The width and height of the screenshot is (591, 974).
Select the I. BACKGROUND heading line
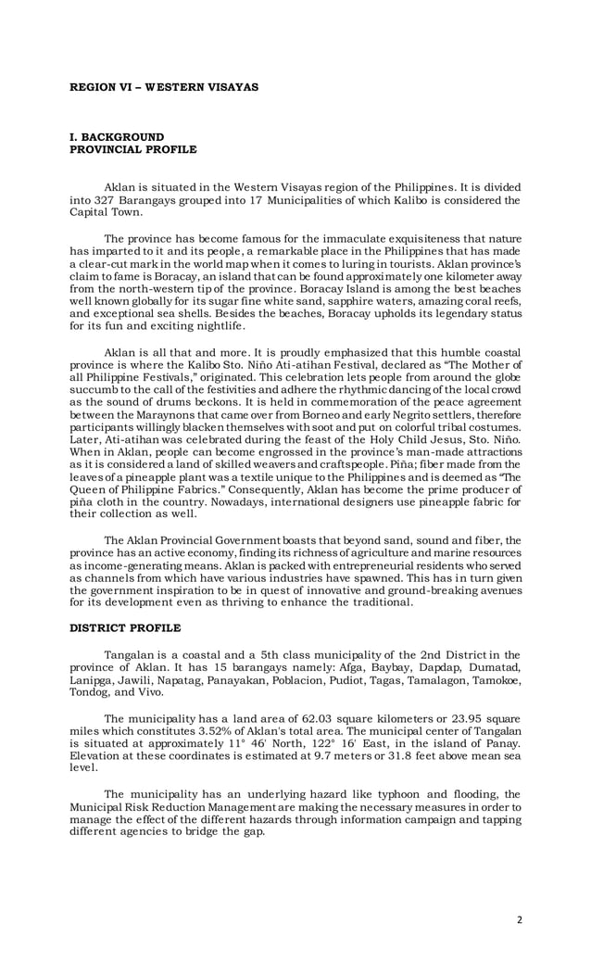(x=117, y=137)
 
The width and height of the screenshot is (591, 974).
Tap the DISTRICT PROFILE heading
(x=125, y=627)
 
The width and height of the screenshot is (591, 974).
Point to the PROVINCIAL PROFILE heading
(x=133, y=148)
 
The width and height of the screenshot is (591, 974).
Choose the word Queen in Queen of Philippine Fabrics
(x=91, y=489)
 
